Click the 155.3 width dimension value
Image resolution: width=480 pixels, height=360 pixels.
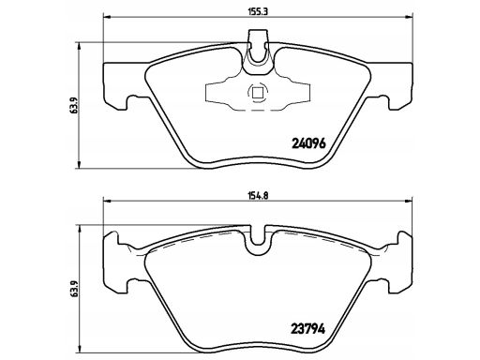(x=259, y=11)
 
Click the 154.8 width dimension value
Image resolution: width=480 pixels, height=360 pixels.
(x=259, y=196)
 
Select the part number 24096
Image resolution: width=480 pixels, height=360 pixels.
(x=308, y=143)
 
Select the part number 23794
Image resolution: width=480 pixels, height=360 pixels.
(x=308, y=329)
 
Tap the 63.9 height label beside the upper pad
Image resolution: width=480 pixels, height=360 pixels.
(x=74, y=106)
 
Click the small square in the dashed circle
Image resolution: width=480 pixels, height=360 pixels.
(x=258, y=93)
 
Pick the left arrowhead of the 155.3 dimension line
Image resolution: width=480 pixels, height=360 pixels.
(x=107, y=17)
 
